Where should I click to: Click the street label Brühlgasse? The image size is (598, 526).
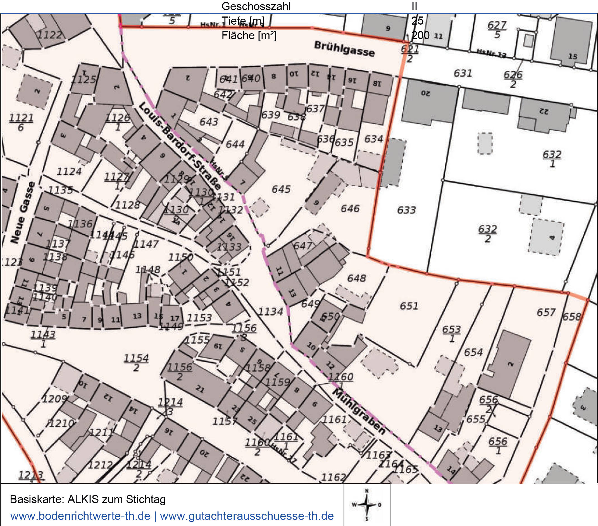point(344,49)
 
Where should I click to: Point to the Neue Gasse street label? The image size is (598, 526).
point(23,212)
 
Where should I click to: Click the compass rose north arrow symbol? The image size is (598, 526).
point(367,505)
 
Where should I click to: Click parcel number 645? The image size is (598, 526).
point(281,189)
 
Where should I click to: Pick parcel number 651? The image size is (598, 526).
point(409,306)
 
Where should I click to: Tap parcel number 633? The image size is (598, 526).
point(406,210)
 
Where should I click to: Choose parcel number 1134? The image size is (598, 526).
point(270,312)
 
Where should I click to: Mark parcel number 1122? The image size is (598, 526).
point(50,35)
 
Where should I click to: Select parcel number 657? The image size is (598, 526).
point(546,313)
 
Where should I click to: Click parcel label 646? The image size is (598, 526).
point(350,209)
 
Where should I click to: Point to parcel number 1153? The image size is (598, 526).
point(199,318)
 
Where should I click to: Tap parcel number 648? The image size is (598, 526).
point(356,278)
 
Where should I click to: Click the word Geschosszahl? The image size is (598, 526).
point(256,6)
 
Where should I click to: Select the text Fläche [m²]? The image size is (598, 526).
point(249,36)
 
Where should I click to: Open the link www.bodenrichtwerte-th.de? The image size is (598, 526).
point(80,516)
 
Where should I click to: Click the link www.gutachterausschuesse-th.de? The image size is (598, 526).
point(247,516)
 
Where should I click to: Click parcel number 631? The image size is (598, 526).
point(463,73)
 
